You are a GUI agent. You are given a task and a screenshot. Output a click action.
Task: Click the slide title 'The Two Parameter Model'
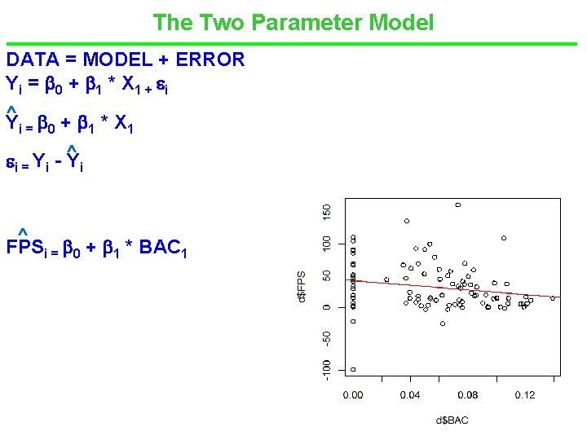[293, 22]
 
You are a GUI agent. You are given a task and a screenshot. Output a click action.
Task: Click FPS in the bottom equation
[24, 247]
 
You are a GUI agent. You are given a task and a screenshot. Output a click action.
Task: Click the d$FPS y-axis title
[302, 287]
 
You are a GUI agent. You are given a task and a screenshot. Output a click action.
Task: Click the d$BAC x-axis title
[452, 420]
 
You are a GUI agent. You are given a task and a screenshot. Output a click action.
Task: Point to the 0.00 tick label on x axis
[353, 395]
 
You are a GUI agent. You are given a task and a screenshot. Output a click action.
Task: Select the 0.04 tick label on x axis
[410, 395]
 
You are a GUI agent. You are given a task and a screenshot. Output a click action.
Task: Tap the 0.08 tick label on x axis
[468, 395]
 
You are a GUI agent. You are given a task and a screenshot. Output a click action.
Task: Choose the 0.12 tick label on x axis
[525, 395]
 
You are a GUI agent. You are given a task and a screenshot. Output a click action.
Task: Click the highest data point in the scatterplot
[458, 205]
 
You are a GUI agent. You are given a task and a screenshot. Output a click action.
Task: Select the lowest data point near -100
[353, 369]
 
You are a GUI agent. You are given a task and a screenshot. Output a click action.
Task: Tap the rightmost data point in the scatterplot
[553, 298]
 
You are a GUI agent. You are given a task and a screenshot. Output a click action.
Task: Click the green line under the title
[293, 43]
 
